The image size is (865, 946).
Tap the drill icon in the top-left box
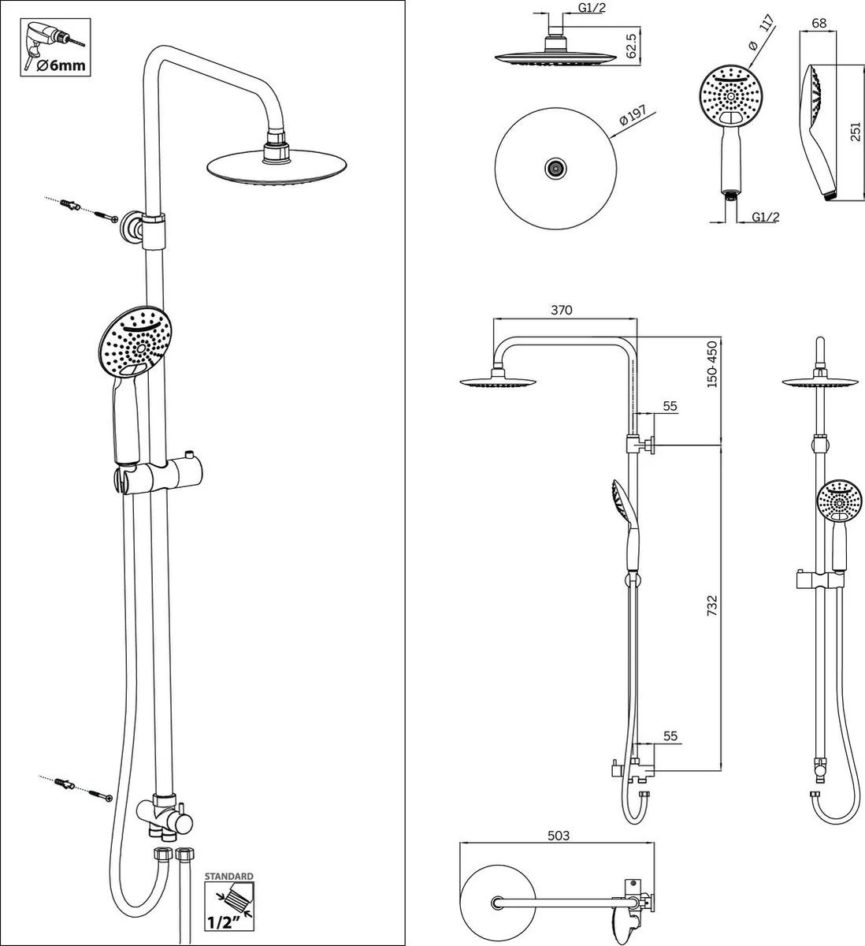tap(46, 40)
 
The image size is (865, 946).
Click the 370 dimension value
tap(561, 311)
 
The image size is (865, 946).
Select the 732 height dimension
tap(712, 605)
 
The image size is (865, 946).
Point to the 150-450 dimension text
tap(711, 363)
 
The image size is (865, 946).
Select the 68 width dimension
tap(819, 23)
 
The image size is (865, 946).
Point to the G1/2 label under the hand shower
tap(765, 218)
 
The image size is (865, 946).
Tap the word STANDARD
tap(229, 876)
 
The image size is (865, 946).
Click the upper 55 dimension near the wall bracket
tap(670, 405)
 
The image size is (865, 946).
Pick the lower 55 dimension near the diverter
tap(670, 736)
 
